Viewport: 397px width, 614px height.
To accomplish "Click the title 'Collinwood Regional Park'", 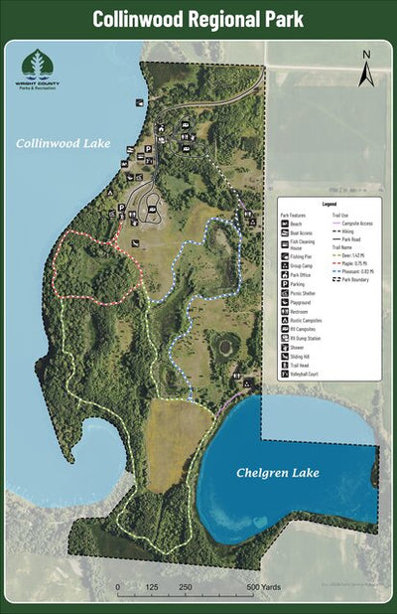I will click(x=198, y=19).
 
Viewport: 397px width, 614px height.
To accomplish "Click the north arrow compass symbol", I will click(x=366, y=68).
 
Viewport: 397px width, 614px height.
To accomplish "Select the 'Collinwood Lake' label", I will click(x=63, y=144).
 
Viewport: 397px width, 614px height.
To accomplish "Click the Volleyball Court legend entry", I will click(x=302, y=375).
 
